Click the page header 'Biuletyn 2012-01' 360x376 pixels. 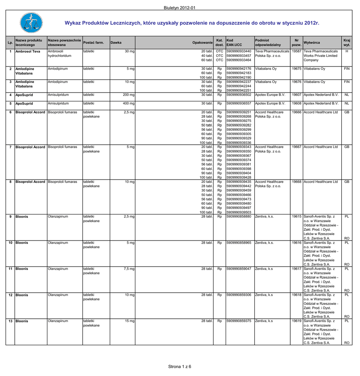[180, 8]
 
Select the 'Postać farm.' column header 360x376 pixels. [94, 43]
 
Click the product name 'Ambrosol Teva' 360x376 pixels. [28, 51]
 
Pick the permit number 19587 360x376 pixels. [297, 51]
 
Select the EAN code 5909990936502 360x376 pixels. [239, 95]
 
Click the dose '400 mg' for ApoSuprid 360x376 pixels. [128, 104]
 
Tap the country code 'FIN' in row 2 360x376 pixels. [346, 69]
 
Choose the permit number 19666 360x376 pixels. [297, 112]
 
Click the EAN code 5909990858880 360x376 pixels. [239, 217]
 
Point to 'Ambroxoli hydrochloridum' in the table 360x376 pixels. [59, 54]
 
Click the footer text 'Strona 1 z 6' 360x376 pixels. [180, 366]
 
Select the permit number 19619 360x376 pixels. [297, 321]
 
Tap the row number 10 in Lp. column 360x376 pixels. [10, 243]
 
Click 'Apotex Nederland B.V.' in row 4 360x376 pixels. [321, 95]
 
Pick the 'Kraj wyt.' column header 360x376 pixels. [346, 43]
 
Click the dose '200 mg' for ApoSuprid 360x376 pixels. [128, 95]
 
